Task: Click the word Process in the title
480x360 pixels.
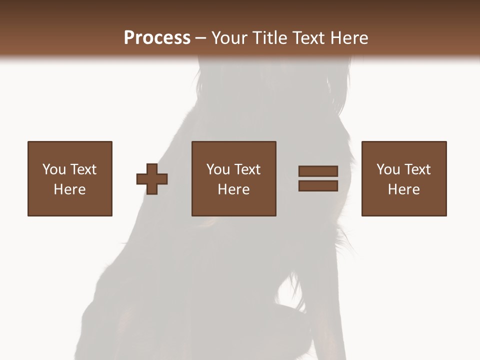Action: click(157, 38)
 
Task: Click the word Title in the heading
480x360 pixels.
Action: click(270, 38)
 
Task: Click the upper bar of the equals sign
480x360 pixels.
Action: click(318, 171)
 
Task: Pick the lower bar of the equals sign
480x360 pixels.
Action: click(318, 186)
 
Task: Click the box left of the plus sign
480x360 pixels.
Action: click(70, 178)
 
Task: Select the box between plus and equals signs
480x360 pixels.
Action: click(233, 178)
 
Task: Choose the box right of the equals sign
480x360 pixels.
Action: click(403, 178)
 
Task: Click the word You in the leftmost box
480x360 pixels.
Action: click(54, 169)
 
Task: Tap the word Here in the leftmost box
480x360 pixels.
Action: click(70, 189)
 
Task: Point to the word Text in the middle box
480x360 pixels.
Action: click(247, 169)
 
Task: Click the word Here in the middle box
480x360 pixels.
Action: click(233, 189)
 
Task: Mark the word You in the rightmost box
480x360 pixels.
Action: click(388, 169)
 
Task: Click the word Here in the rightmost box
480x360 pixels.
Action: click(403, 189)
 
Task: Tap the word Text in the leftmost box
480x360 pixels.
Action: click(83, 169)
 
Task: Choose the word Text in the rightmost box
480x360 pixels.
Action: click(417, 169)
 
